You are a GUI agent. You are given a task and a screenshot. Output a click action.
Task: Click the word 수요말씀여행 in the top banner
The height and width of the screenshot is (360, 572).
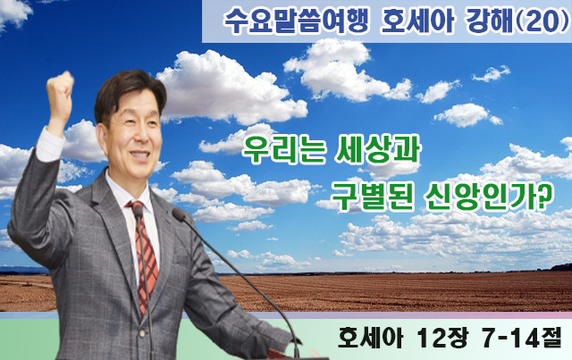[296, 21]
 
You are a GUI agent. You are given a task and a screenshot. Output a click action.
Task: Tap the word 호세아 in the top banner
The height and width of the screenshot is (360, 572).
[417, 21]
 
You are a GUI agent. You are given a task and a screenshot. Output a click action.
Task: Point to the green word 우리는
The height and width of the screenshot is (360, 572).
[283, 150]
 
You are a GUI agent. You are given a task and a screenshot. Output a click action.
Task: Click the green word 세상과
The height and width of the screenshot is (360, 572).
[377, 149]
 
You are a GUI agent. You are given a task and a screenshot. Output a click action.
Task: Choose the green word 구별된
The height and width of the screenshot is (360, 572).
[372, 197]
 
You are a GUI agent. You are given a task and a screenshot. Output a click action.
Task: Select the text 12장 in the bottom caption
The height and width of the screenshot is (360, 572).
[442, 338]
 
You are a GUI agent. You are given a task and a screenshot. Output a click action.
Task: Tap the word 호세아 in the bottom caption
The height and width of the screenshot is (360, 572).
[370, 338]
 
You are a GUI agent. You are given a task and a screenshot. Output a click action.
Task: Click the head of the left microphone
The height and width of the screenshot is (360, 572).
[139, 211]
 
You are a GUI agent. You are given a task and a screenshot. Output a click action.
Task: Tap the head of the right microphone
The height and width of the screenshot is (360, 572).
[179, 214]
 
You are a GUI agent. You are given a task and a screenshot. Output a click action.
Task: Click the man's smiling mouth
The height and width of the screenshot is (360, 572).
[140, 155]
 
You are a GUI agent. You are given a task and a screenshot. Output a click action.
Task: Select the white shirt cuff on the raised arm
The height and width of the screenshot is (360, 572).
[50, 145]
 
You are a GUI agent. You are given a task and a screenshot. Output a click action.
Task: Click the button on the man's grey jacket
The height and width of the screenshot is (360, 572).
[143, 332]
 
